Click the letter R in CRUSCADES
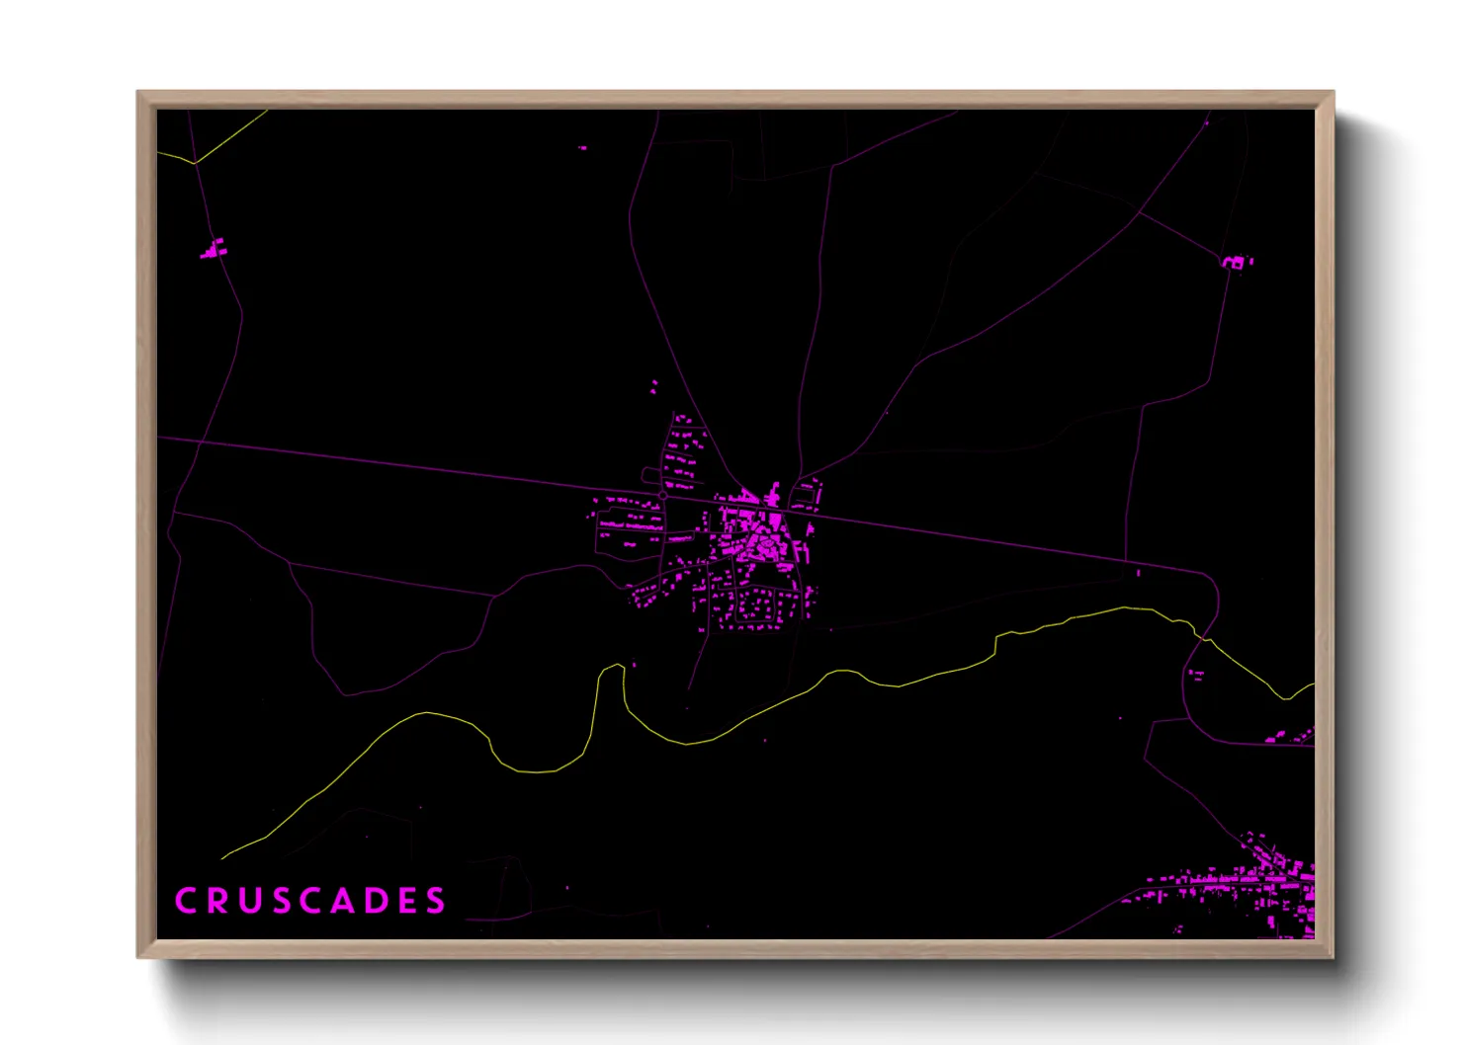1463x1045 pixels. pyautogui.click(x=216, y=901)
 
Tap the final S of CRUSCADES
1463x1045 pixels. pyautogui.click(x=436, y=901)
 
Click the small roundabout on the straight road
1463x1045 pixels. pyautogui.click(x=662, y=495)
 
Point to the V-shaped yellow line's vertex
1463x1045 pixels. pyautogui.click(x=195, y=162)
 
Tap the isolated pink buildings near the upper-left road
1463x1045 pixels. pyautogui.click(x=214, y=249)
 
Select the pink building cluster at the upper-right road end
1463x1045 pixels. pyautogui.click(x=1235, y=262)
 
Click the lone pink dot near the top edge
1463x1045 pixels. pyautogui.click(x=582, y=148)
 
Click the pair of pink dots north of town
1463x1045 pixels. pyautogui.click(x=653, y=386)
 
